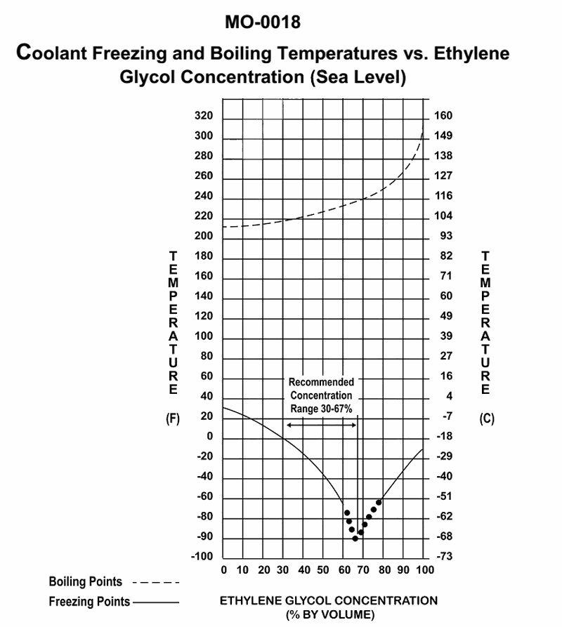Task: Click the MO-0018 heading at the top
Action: coord(263,22)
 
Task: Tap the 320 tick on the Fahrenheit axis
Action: coord(203,116)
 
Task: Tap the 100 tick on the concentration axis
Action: coord(424,569)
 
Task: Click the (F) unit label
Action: coord(172,419)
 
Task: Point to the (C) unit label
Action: coord(487,419)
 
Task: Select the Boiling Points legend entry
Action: coord(86,582)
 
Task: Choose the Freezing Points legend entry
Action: coord(89,602)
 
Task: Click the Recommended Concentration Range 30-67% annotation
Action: coord(322,395)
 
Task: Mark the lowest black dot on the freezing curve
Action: coord(355,539)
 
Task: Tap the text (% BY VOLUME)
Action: coord(329,615)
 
